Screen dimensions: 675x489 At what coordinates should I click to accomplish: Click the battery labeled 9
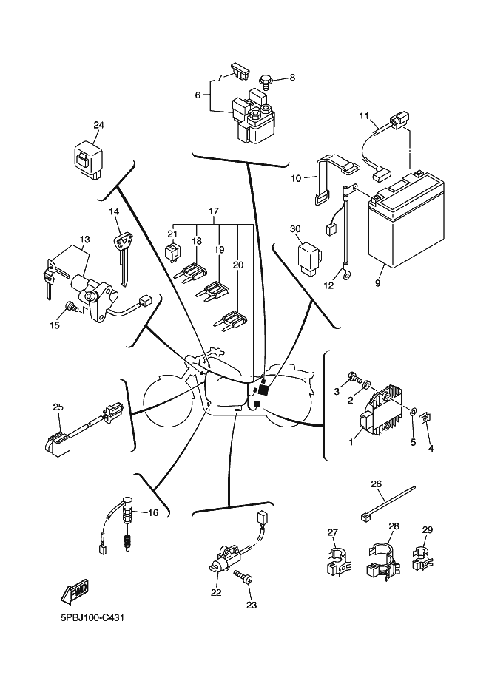click(x=405, y=226)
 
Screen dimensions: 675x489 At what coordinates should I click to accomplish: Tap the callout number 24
click(x=98, y=125)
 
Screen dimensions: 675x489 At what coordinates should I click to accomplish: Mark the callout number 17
click(x=214, y=211)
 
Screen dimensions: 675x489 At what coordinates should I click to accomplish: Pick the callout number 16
click(x=153, y=512)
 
